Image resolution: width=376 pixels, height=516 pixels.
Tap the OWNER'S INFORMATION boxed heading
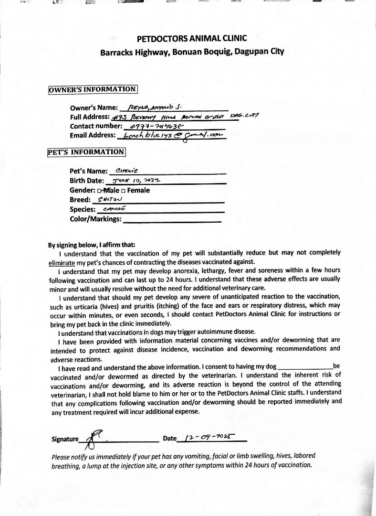(93, 89)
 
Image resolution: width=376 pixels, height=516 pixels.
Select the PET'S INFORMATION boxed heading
(86, 152)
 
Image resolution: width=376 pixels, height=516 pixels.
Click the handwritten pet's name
(124, 171)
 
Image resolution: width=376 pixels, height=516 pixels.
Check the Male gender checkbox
(99, 191)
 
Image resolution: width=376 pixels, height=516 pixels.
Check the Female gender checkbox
(123, 191)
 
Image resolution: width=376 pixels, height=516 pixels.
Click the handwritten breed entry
(110, 200)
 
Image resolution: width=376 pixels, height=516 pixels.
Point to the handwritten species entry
(114, 209)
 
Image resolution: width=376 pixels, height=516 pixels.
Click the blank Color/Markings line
(172, 220)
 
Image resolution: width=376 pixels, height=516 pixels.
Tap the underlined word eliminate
(62, 262)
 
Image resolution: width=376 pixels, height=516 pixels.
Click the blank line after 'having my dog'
(305, 367)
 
